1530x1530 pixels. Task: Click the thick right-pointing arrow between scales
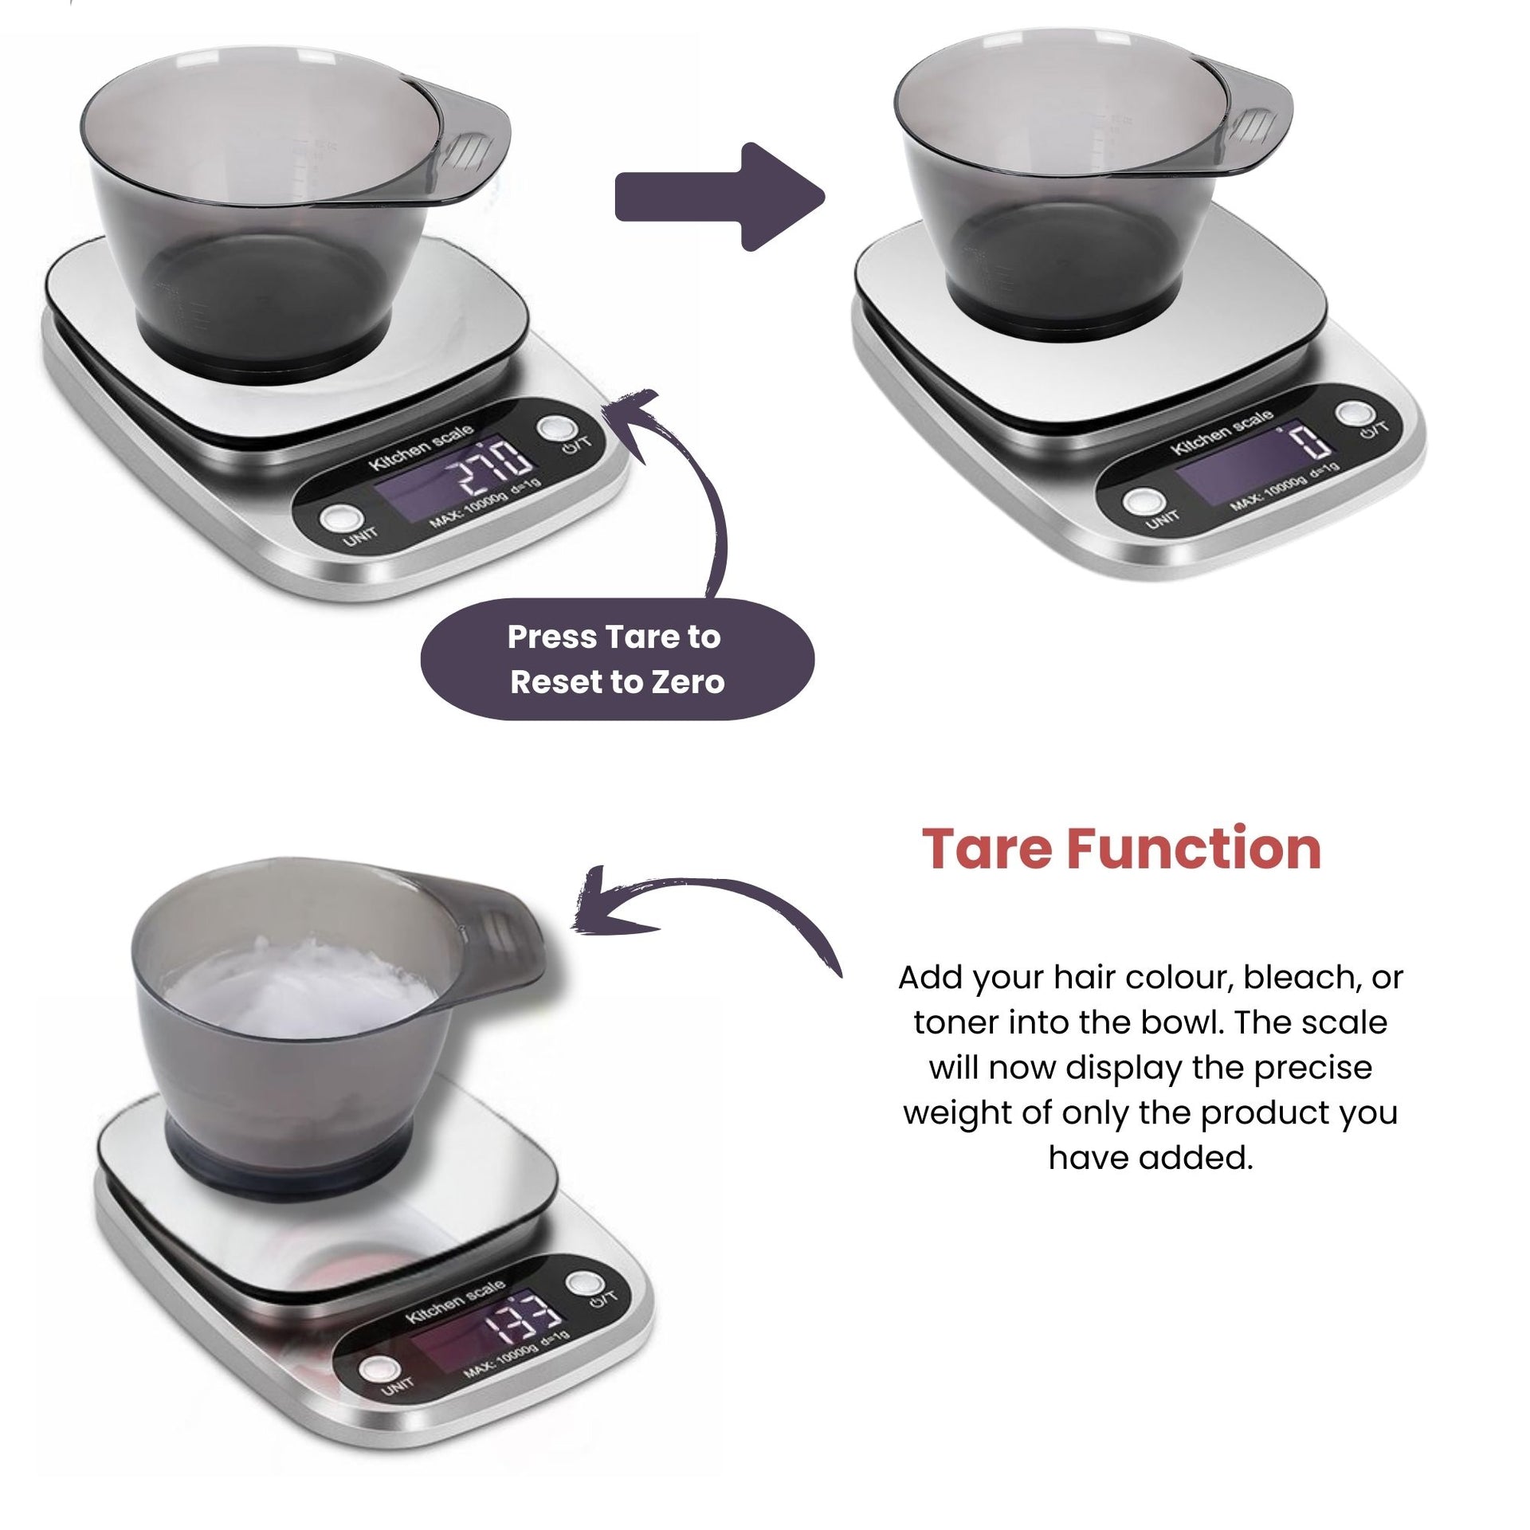719,197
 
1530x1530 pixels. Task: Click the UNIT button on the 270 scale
336,519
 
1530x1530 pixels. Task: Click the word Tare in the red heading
987,849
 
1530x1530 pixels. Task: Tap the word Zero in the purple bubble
686,682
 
